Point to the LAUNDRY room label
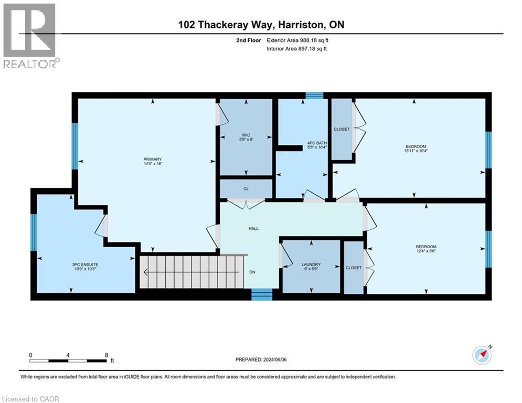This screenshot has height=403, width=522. pos(311,264)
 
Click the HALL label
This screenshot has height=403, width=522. pos(253,228)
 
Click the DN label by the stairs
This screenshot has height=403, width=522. pos(252,272)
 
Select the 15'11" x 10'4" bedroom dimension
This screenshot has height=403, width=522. pos(415,151)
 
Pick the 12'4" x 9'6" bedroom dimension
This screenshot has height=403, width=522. pos(425,251)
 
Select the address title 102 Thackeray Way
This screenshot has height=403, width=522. pos(260,25)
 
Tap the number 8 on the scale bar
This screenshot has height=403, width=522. pos(107,355)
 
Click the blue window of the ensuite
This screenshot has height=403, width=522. pos(34,232)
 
